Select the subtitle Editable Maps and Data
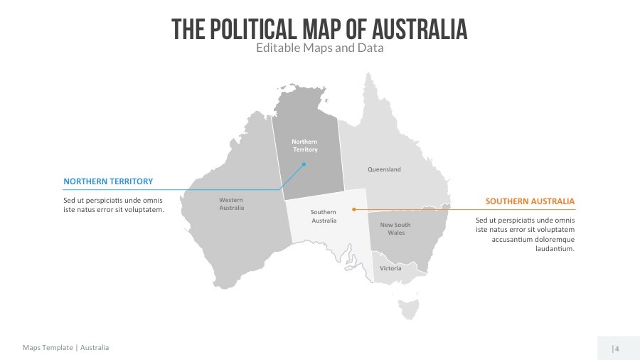(x=319, y=49)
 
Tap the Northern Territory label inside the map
(x=305, y=146)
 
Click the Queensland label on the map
(x=384, y=169)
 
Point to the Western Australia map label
(x=231, y=204)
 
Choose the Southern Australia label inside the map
(x=324, y=216)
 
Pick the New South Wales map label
(x=395, y=228)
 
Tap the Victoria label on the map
(x=390, y=268)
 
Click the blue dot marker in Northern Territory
(x=304, y=164)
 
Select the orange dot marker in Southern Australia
(x=353, y=209)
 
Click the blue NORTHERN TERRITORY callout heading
(x=108, y=181)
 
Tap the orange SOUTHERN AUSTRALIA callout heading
(x=530, y=201)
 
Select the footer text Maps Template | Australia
(x=66, y=348)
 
